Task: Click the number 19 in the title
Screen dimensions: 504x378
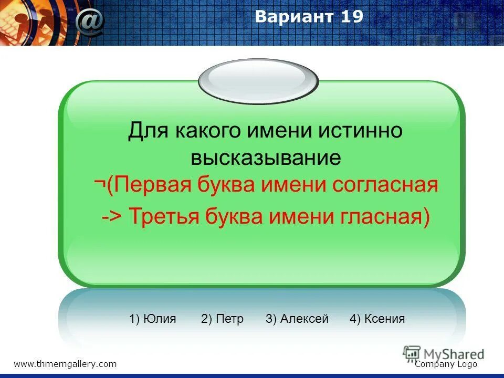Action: (x=352, y=16)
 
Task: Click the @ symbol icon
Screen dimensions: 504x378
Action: (x=90, y=22)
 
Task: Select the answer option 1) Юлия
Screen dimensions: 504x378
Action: (x=153, y=319)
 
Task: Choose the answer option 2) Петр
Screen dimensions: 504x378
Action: (x=222, y=319)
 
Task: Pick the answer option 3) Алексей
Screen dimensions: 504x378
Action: (x=297, y=319)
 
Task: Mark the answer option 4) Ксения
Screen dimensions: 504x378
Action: (x=377, y=319)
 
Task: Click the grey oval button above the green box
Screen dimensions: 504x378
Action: (x=258, y=81)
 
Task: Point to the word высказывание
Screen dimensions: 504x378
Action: (x=266, y=157)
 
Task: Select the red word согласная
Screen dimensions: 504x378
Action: (x=385, y=185)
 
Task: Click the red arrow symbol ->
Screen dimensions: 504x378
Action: (x=112, y=216)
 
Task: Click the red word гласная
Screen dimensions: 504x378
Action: (x=381, y=216)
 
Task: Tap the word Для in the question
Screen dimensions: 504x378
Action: (x=148, y=131)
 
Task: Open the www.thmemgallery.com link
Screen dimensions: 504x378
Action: (x=65, y=364)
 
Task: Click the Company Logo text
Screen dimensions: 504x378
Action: (x=446, y=364)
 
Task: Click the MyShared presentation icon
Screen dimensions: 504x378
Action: (x=412, y=354)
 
